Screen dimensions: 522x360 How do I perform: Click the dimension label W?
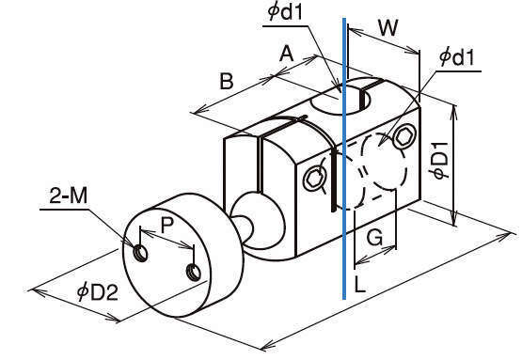click(388, 27)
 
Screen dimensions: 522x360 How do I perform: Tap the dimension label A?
click(287, 54)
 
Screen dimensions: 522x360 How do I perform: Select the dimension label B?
click(227, 81)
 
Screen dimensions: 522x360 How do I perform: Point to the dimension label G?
click(374, 238)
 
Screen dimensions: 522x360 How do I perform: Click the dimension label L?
click(360, 284)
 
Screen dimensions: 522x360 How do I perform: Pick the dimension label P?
click(167, 225)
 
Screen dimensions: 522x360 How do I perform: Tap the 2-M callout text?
click(69, 196)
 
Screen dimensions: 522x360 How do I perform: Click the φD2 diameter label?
click(97, 292)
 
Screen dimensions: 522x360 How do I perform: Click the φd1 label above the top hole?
click(286, 12)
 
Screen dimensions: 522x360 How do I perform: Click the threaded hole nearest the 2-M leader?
click(141, 254)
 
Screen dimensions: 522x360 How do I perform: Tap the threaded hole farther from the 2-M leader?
click(194, 273)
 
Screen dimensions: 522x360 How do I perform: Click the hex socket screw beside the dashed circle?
click(404, 136)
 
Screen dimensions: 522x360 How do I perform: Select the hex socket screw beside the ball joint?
click(313, 180)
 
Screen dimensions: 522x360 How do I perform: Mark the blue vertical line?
click(344, 159)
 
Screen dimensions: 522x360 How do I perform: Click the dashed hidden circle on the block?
click(384, 162)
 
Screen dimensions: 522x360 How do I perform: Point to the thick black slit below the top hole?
click(333, 181)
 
